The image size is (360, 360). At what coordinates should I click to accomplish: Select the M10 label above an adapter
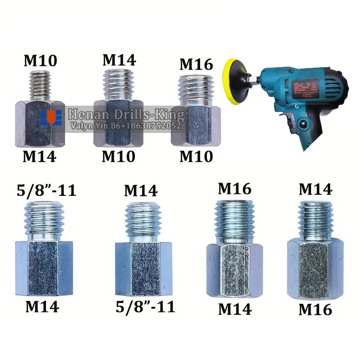click(x=40, y=60)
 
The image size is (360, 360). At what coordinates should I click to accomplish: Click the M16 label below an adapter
click(x=315, y=310)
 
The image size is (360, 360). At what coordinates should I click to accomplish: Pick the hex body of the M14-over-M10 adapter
click(x=118, y=122)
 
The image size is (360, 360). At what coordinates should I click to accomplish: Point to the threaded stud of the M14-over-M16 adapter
click(x=315, y=218)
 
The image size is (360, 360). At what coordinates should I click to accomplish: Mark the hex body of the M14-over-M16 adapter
click(x=315, y=271)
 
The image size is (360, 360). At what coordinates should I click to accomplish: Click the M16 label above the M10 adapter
click(x=195, y=64)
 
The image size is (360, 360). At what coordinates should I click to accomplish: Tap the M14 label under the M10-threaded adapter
click(x=40, y=156)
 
